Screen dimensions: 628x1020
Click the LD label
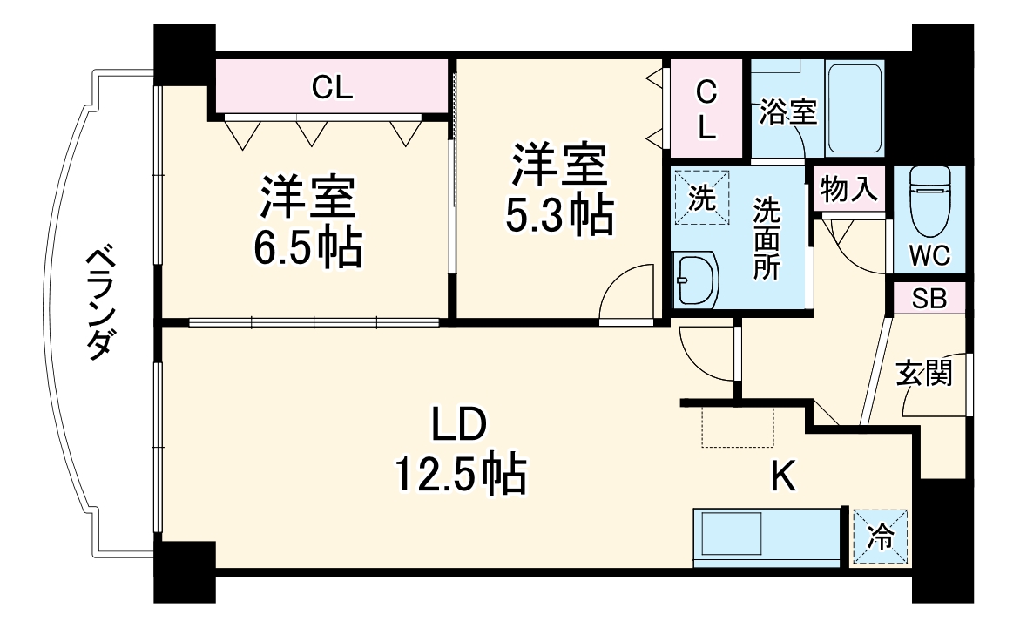460,425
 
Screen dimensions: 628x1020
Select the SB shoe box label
929,298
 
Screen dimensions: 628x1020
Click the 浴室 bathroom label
787,112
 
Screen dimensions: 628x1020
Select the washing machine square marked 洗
701,197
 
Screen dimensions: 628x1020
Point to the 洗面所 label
767,238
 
